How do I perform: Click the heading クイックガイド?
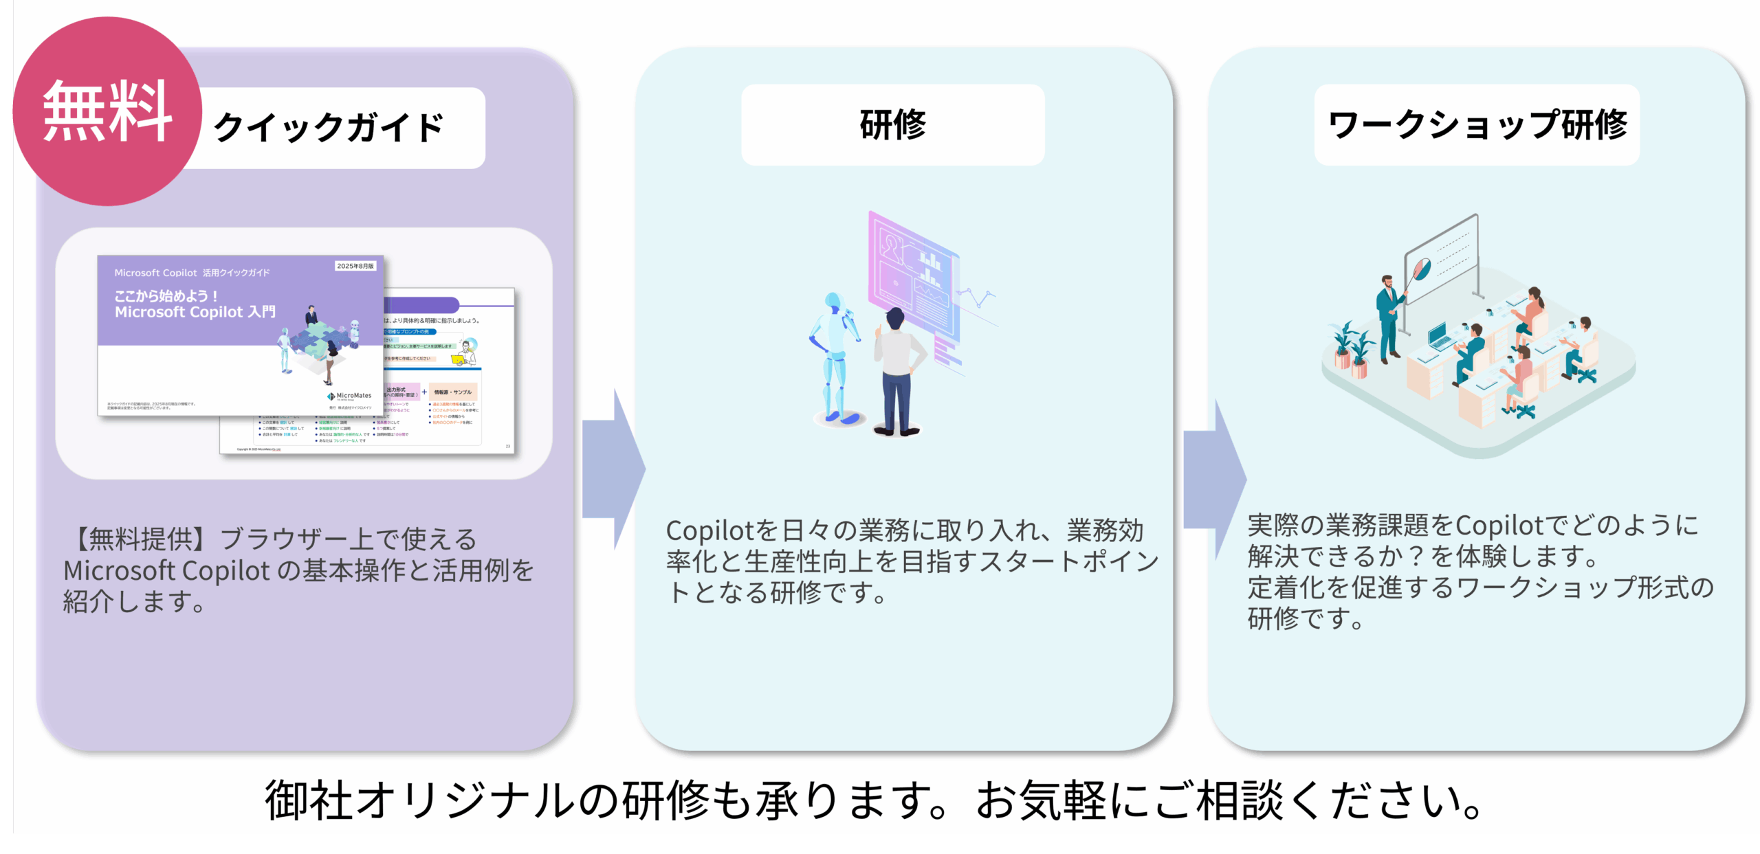(x=329, y=128)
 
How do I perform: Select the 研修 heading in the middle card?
(x=892, y=125)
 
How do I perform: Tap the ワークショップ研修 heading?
(x=1477, y=125)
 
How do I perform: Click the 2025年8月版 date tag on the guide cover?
(x=355, y=266)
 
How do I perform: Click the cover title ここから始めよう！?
(x=166, y=296)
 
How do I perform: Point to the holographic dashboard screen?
(x=914, y=275)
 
